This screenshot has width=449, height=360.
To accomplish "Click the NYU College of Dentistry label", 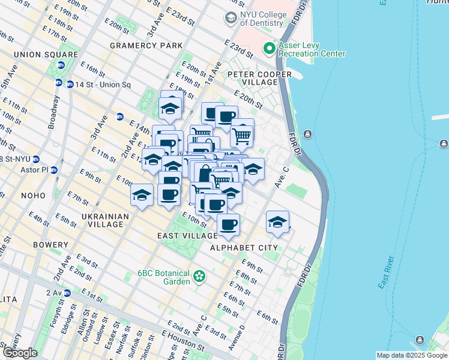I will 261,18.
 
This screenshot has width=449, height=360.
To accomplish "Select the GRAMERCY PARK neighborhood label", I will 146,46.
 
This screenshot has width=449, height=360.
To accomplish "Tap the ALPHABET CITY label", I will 244,247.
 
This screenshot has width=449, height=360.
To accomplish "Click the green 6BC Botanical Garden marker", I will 199,277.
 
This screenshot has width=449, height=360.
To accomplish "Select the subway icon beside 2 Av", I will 67,293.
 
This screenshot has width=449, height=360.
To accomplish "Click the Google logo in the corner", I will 19,353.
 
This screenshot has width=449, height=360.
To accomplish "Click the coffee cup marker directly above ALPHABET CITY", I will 228,226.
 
